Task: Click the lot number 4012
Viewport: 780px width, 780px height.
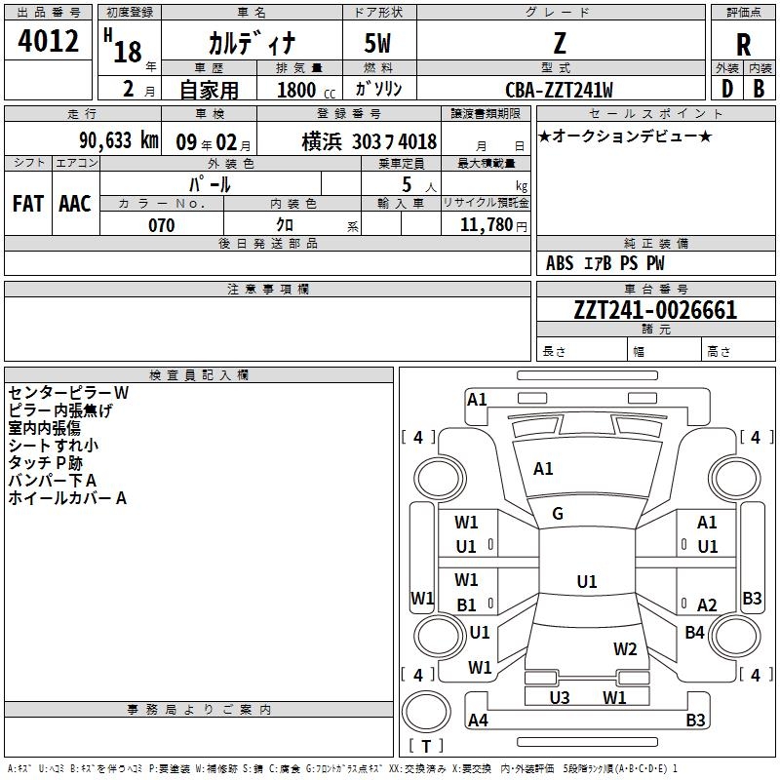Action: (x=48, y=42)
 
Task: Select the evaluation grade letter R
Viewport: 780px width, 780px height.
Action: (x=743, y=44)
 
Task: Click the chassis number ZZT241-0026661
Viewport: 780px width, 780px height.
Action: (x=655, y=310)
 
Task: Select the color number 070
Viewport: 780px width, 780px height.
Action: (x=161, y=225)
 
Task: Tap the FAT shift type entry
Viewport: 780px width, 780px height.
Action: (x=27, y=203)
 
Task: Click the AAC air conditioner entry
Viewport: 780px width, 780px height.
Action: (x=74, y=203)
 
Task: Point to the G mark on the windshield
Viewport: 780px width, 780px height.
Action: (x=558, y=514)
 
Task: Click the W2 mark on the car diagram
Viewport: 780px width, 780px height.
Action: (x=625, y=648)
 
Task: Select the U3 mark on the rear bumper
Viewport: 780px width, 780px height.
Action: (x=560, y=697)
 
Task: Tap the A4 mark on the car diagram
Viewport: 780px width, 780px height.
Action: (x=478, y=721)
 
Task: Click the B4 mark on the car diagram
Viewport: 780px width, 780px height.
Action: (x=694, y=633)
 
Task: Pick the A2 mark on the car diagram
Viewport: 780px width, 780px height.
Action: (x=707, y=605)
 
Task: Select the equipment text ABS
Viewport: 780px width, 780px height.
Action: (x=560, y=263)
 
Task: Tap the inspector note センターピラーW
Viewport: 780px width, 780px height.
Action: (x=68, y=393)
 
